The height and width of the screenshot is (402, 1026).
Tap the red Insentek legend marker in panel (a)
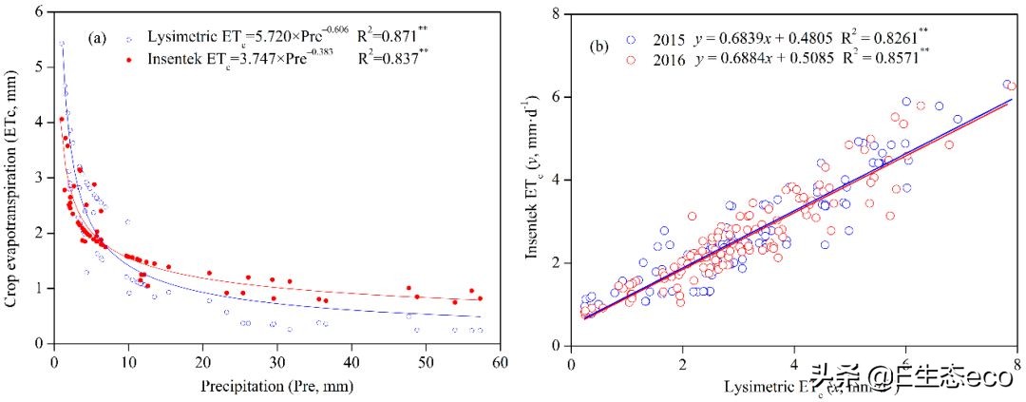tap(129, 59)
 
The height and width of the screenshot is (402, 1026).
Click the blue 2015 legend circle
tap(629, 40)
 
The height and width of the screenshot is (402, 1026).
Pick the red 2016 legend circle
tap(629, 60)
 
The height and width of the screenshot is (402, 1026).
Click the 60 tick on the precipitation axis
tap(501, 361)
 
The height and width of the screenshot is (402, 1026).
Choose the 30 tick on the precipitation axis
tap(277, 361)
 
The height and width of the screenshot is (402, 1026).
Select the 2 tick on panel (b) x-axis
tap(682, 363)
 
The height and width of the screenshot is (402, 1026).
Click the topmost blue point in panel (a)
tap(62, 44)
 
